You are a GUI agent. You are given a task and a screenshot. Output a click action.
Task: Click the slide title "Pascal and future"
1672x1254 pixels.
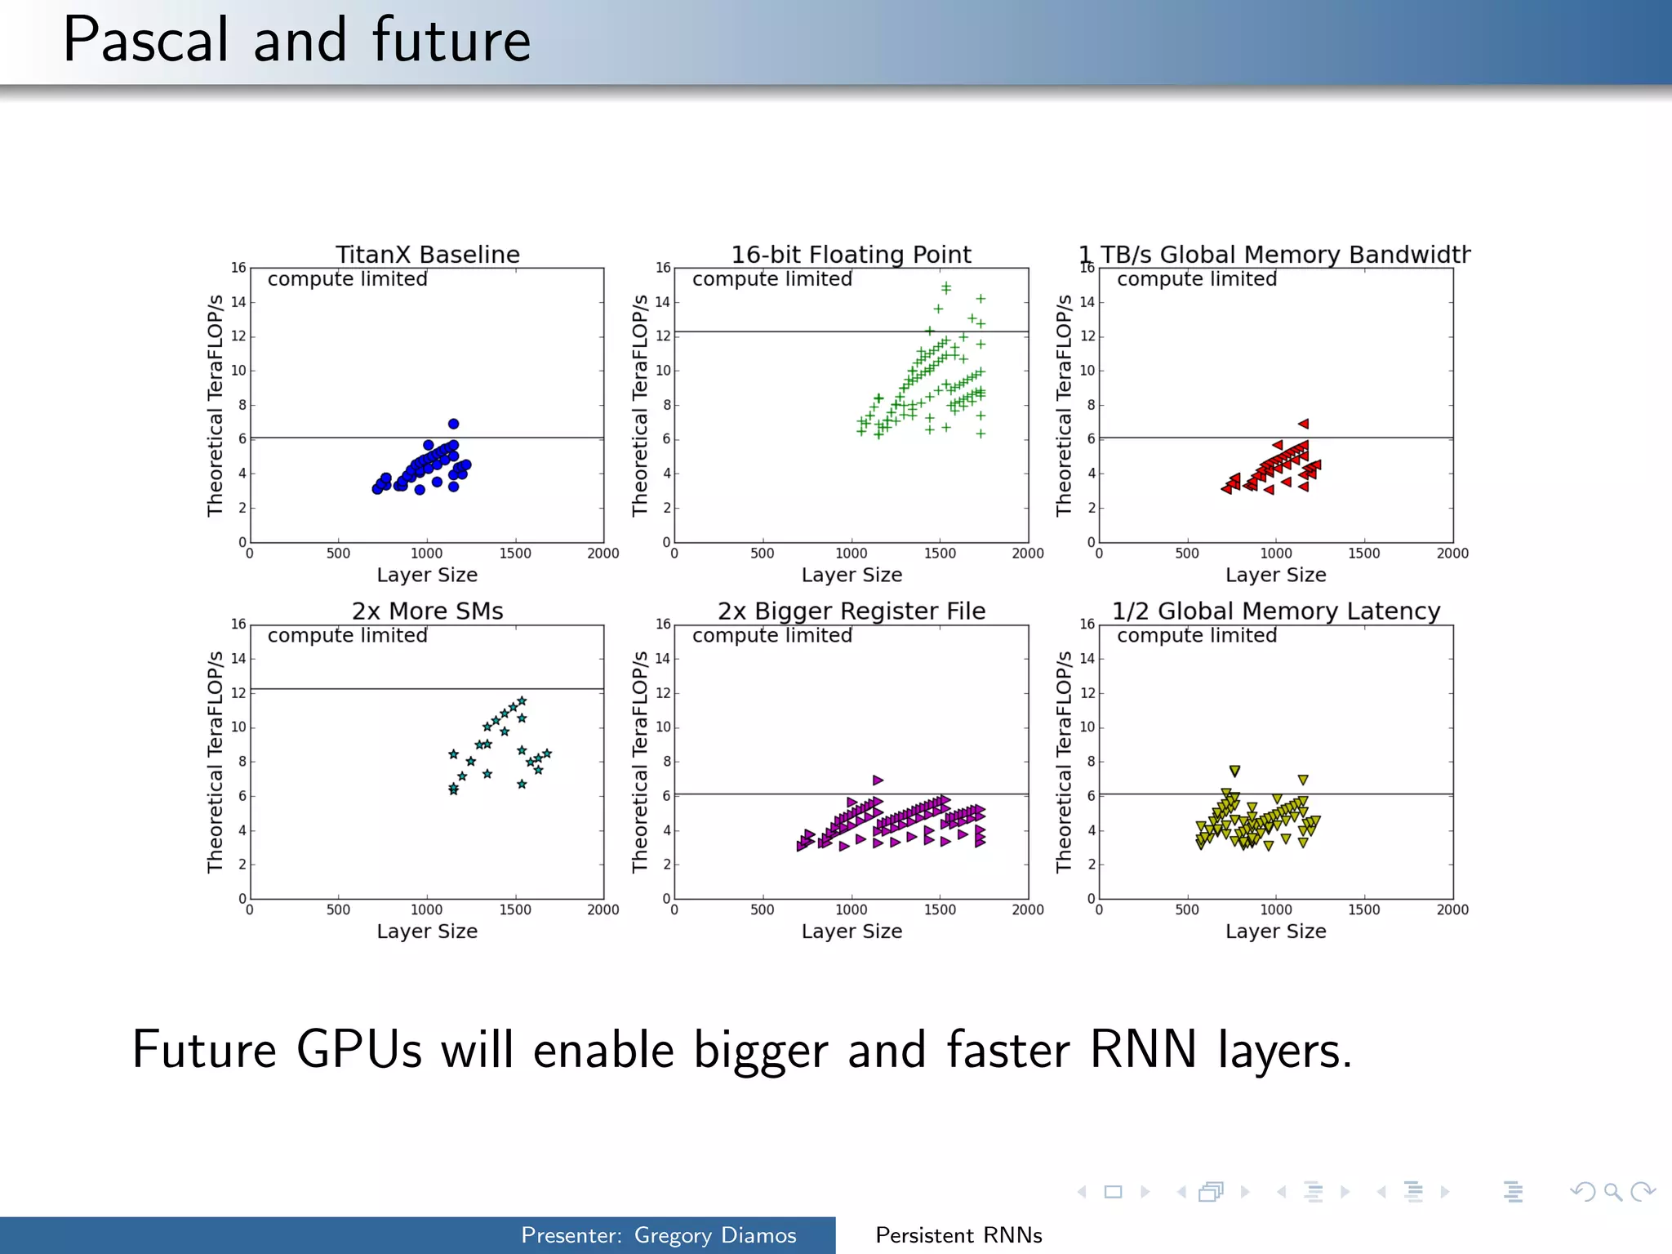point(296,41)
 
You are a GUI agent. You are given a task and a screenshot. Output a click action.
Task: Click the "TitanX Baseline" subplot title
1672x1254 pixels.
point(427,255)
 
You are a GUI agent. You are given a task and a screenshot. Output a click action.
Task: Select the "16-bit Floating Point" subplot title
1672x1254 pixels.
point(851,255)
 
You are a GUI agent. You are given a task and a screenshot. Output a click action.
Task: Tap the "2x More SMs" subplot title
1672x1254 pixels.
point(427,611)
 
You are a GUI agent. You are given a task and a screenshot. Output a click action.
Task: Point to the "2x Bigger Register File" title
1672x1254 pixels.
point(851,611)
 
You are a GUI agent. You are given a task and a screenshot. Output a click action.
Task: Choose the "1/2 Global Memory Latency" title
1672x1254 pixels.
point(1275,611)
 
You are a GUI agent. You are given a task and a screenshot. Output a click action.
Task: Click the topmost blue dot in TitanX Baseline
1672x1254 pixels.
point(454,424)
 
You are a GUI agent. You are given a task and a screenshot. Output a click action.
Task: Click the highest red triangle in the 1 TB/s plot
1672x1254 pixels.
point(1304,424)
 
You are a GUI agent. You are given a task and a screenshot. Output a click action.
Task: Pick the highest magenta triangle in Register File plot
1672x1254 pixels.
point(878,780)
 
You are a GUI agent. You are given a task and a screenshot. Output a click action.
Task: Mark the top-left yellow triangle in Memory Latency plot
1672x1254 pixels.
point(1234,771)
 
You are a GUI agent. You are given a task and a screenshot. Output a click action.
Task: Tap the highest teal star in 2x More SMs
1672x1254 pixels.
point(522,701)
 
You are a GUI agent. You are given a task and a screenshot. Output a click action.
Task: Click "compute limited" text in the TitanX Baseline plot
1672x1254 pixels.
point(347,279)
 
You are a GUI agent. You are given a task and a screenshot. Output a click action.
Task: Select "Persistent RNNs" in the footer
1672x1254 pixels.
point(958,1235)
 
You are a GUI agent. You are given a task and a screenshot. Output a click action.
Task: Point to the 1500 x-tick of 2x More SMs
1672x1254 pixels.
point(515,909)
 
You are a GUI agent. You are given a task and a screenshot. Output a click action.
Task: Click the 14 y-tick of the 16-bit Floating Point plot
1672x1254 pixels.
point(663,302)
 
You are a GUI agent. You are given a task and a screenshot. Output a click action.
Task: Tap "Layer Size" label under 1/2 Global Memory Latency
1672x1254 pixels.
point(1275,932)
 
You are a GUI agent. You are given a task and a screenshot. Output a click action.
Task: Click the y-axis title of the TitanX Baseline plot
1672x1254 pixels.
point(215,406)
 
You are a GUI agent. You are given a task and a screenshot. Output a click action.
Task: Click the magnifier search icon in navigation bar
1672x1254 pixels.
point(1612,1192)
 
